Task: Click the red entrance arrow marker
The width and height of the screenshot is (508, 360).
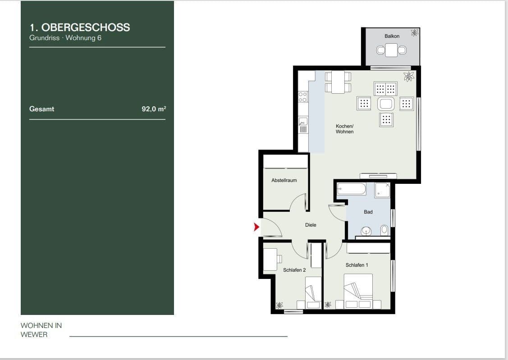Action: click(257, 227)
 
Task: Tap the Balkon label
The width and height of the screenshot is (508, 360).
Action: click(392, 36)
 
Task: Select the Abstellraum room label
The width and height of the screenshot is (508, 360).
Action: click(284, 180)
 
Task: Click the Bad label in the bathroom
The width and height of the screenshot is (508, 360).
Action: click(368, 212)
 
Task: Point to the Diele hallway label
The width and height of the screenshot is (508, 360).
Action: click(311, 225)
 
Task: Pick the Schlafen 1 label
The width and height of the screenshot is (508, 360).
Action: click(357, 265)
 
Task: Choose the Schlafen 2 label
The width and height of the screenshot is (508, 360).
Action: click(294, 270)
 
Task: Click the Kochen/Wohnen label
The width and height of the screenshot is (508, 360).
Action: click(344, 129)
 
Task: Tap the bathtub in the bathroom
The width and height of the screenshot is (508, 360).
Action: click(352, 188)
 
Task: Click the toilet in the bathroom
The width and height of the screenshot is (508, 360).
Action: click(384, 230)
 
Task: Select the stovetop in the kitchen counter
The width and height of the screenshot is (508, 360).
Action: click(303, 96)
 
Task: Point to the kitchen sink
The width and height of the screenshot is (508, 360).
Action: click(303, 121)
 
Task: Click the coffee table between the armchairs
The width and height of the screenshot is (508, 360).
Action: click(386, 104)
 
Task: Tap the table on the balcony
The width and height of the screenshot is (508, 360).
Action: click(391, 50)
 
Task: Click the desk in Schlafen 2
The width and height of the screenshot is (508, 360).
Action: click(270, 259)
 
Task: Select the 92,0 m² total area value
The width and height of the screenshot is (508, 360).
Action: click(154, 109)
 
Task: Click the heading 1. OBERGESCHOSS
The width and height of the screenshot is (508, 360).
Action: click(79, 27)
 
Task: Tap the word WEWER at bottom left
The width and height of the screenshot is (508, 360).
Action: click(34, 334)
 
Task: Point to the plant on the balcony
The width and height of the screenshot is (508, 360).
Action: click(414, 32)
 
